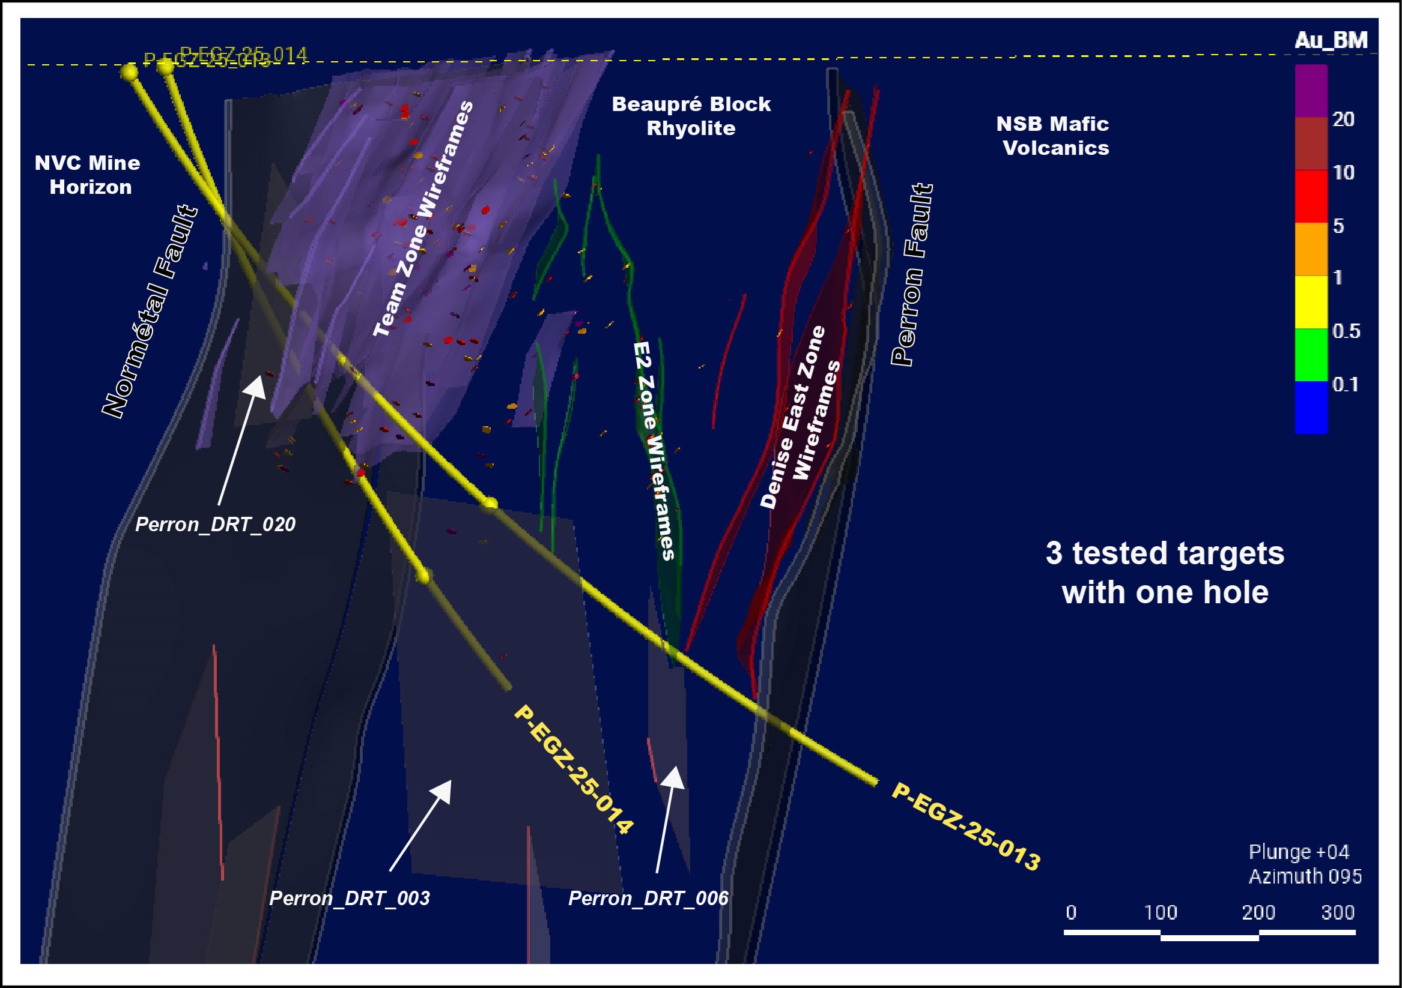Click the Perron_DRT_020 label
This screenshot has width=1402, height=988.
coord(215,525)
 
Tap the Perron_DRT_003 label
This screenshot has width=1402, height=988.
coord(349,899)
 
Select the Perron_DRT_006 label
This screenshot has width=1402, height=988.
coord(648,899)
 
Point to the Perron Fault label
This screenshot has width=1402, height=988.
coord(911,275)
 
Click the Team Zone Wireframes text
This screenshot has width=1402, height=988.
coord(423,218)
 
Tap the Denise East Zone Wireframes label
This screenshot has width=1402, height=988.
coord(801,417)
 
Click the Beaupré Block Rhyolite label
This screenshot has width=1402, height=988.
coord(691,116)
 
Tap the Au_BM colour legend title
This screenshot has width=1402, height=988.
coord(1331,40)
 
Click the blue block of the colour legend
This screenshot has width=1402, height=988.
coord(1311,408)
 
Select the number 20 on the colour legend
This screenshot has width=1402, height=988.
coord(1343,119)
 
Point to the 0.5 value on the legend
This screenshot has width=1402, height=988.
coord(1346,331)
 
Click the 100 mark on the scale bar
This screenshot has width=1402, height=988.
coord(1160,912)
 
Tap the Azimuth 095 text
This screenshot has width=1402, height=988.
coord(1305,876)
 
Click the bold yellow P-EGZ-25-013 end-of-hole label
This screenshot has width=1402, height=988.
coord(966,827)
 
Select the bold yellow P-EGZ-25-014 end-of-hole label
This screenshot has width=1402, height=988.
coord(574,770)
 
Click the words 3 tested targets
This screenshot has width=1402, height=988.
coord(1165,553)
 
